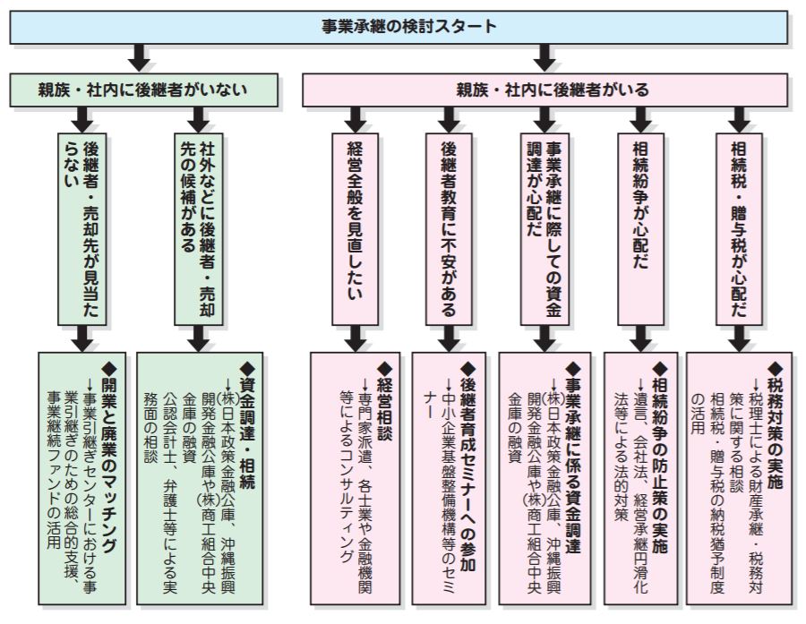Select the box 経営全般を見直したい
[356, 228]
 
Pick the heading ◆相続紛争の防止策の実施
[660, 443]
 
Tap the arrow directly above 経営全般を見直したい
[356, 117]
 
